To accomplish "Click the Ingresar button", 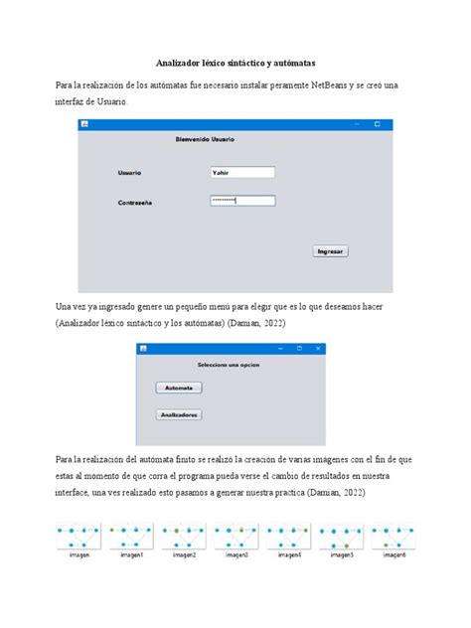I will click(x=330, y=251).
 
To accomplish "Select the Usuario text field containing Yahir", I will click(x=241, y=172).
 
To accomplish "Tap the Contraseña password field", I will click(x=241, y=201).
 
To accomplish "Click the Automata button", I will click(x=179, y=387).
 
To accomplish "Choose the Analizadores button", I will click(x=180, y=414).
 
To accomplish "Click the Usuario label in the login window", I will click(x=129, y=173).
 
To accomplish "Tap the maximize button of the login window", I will click(x=377, y=124).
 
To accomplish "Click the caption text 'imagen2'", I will click(x=185, y=554).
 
